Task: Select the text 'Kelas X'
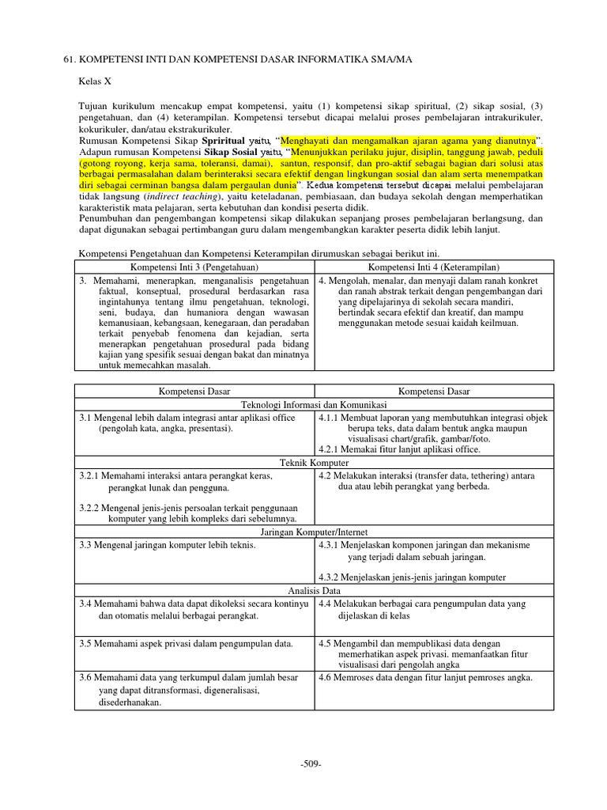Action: (96, 81)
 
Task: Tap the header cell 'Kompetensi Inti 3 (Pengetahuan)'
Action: (194, 267)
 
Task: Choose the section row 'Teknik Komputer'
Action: (315, 462)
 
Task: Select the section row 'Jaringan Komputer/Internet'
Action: (315, 532)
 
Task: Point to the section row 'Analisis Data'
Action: (315, 590)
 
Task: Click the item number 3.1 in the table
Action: (86, 417)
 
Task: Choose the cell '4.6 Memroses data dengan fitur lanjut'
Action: (425, 677)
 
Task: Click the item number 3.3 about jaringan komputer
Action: (86, 545)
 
